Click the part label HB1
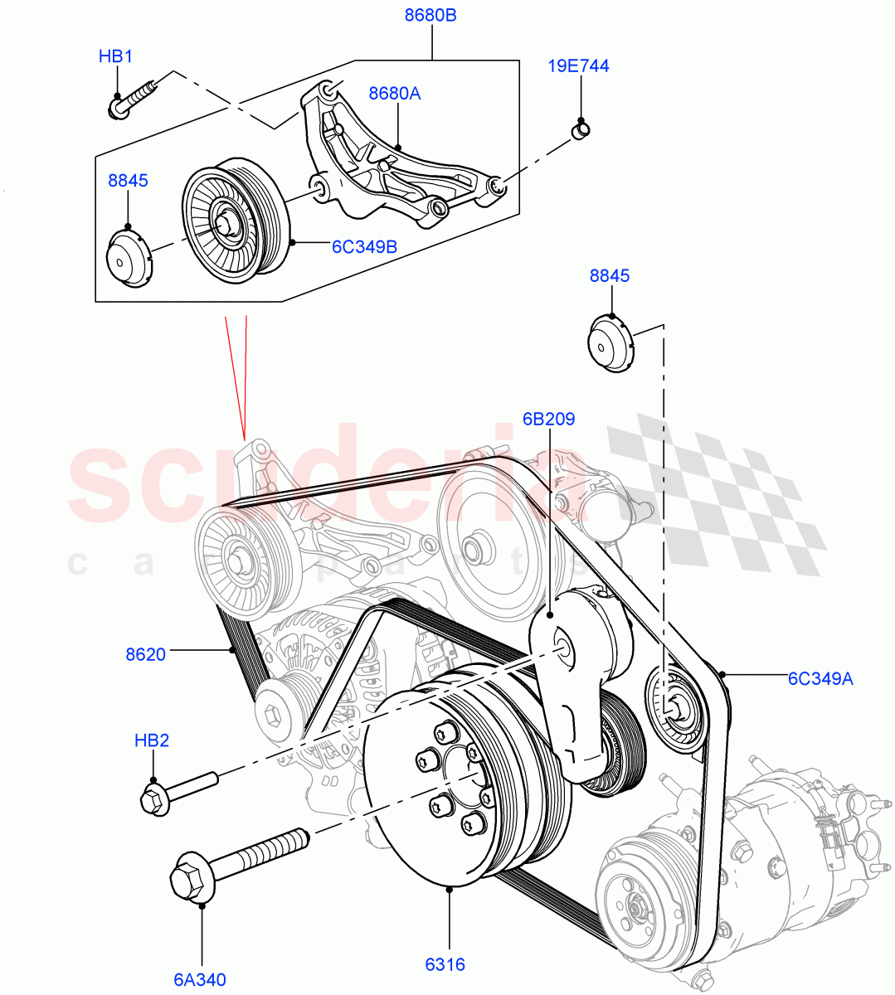(x=115, y=56)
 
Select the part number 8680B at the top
(x=430, y=16)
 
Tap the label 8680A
(x=394, y=94)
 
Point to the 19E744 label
(x=578, y=66)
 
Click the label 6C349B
(x=364, y=247)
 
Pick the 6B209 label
(x=548, y=420)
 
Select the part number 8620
(x=145, y=654)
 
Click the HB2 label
(x=152, y=740)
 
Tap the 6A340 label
(x=200, y=979)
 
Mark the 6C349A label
(x=820, y=680)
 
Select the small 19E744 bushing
(x=581, y=129)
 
